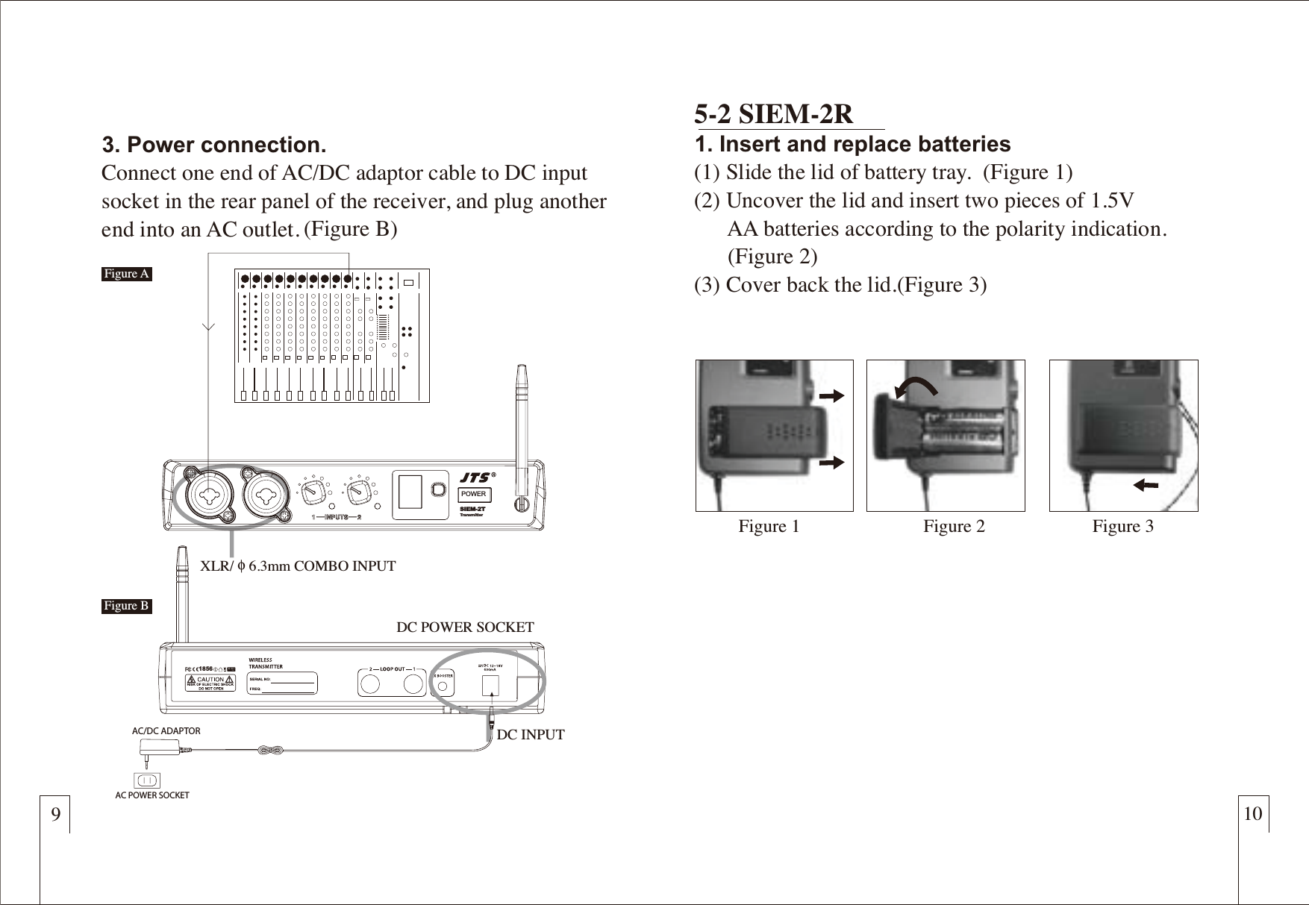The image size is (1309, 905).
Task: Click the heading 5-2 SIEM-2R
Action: click(x=773, y=114)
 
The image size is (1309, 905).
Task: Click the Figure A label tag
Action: click(x=127, y=274)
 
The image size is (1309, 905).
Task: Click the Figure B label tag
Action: click(x=127, y=606)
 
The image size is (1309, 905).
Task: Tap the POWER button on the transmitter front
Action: click(x=473, y=494)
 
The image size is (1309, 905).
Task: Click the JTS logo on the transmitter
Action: click(x=475, y=477)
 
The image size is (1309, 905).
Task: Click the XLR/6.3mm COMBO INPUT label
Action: click(x=298, y=566)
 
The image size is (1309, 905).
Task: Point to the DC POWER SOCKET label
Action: click(x=465, y=627)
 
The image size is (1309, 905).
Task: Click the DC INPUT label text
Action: click(x=531, y=735)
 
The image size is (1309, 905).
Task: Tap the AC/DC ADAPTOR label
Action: click(x=166, y=731)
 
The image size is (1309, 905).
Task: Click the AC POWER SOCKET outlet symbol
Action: click(x=147, y=780)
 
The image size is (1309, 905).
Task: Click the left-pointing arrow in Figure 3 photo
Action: click(x=1145, y=486)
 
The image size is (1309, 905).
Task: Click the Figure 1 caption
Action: click(x=769, y=527)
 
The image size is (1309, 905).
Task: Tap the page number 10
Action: click(x=1253, y=813)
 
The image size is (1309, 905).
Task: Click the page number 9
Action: click(x=55, y=813)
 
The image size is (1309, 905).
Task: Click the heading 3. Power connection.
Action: click(x=214, y=144)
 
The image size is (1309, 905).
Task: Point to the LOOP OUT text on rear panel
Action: click(x=392, y=669)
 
